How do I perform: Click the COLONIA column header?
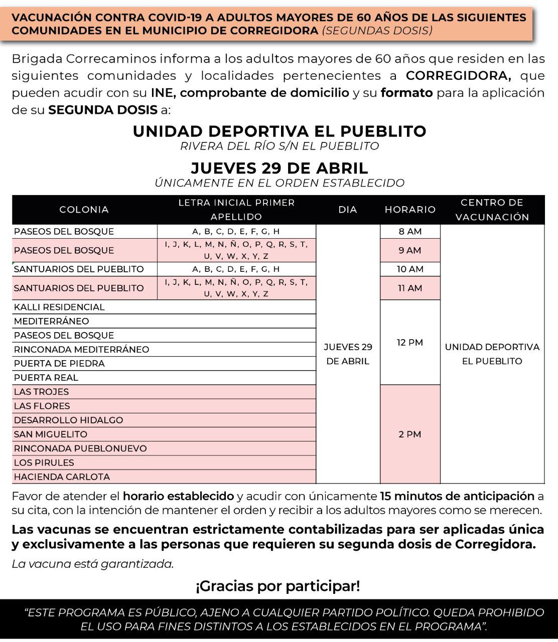click(84, 210)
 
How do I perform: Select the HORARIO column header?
click(410, 210)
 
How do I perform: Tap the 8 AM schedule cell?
click(410, 231)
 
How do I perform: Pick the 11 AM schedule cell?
click(410, 288)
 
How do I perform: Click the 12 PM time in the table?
click(410, 343)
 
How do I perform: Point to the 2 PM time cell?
click(410, 434)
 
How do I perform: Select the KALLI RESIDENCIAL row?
click(59, 307)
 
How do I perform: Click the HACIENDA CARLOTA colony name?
click(62, 476)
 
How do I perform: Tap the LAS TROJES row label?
click(41, 392)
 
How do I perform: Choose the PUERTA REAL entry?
click(46, 378)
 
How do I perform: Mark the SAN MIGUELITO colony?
click(50, 434)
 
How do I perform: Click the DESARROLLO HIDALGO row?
click(68, 420)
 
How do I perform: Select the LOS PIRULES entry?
click(44, 462)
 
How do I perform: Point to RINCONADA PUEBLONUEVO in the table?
click(80, 448)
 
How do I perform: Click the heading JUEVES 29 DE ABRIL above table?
click(279, 168)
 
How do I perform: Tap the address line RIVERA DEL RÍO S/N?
click(279, 146)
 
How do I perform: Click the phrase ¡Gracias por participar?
click(278, 586)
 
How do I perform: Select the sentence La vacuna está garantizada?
click(93, 564)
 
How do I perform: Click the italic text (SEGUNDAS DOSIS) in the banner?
click(377, 30)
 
